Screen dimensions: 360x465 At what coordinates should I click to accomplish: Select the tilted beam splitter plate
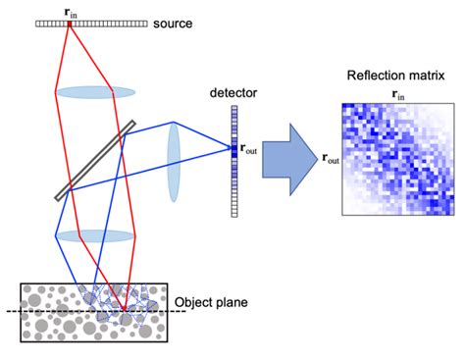click(x=96, y=159)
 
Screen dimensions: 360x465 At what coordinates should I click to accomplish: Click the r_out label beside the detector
click(x=252, y=149)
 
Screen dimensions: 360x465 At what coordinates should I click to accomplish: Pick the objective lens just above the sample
click(x=95, y=236)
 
